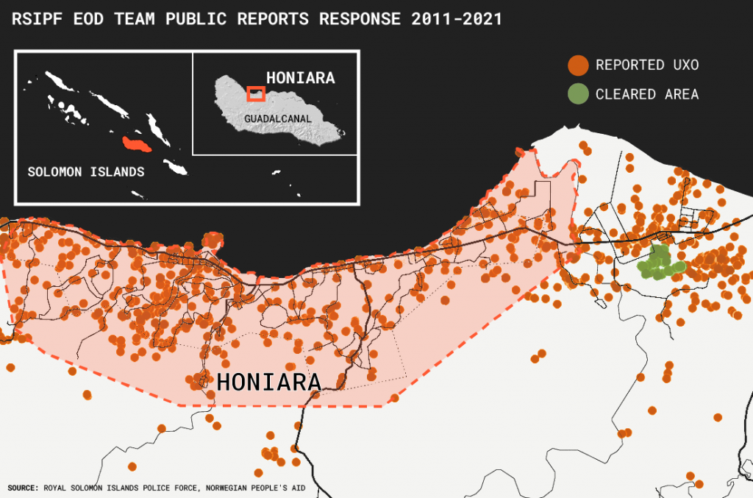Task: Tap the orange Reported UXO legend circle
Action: [x=578, y=65]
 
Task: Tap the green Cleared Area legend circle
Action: [x=578, y=94]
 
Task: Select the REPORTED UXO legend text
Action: [x=647, y=65]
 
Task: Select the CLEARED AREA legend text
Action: [x=647, y=94]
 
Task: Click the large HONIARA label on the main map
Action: [x=268, y=383]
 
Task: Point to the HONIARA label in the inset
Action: [x=300, y=78]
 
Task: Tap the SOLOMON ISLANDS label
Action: [x=85, y=171]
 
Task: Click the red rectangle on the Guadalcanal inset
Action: [x=256, y=93]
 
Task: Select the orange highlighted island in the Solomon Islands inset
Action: [x=136, y=143]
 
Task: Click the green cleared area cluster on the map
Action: [x=659, y=263]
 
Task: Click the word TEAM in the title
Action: [x=137, y=19]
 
